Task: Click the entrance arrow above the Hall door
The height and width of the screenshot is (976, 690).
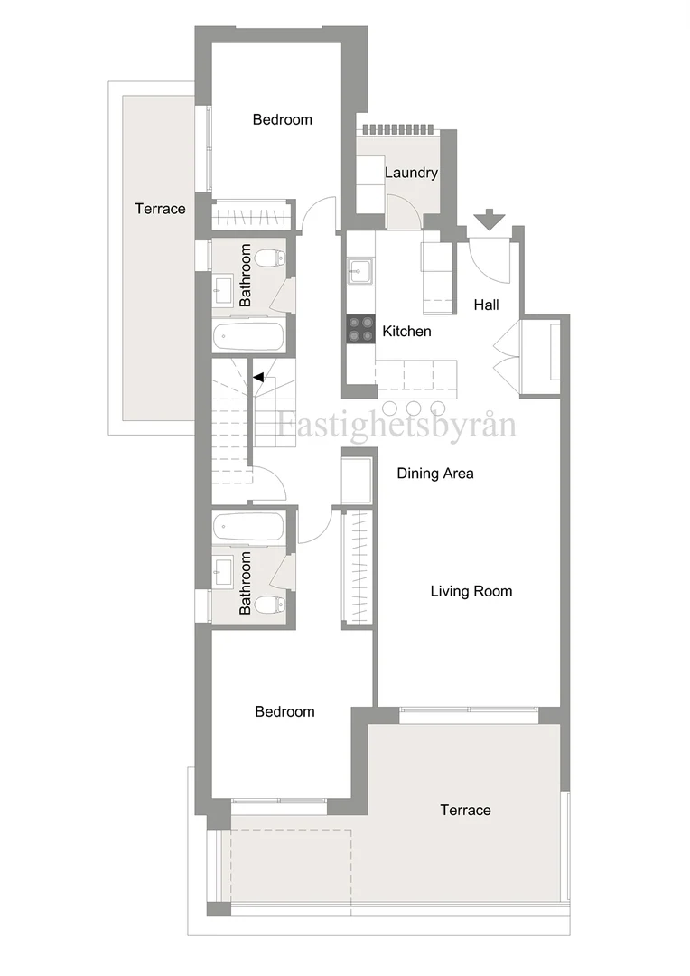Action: tap(489, 219)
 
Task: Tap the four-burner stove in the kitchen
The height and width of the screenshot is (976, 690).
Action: tap(361, 329)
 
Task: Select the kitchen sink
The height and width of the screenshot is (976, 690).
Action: tap(359, 272)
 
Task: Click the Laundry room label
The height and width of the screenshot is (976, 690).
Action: tap(411, 173)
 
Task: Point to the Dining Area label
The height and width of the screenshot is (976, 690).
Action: tap(435, 473)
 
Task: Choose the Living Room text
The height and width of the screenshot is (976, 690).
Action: tap(471, 591)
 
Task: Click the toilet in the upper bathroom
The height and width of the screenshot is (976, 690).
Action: tap(271, 257)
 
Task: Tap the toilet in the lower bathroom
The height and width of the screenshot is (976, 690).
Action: tap(271, 603)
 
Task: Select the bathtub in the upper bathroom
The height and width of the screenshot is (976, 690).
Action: tap(248, 338)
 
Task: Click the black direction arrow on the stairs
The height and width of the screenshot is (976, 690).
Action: tap(258, 377)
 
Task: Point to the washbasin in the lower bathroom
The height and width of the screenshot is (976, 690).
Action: tap(223, 569)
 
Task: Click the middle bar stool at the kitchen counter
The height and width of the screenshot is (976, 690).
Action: tap(415, 408)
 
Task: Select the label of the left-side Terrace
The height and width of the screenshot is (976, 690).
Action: tap(160, 209)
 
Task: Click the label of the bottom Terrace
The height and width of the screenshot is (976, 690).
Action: tap(465, 810)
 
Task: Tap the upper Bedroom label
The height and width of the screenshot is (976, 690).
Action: tap(283, 119)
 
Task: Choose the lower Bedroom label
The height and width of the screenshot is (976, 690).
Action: tap(285, 711)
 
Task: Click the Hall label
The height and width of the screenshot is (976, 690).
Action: tap(487, 305)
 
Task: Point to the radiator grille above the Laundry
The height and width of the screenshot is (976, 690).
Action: tap(397, 129)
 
